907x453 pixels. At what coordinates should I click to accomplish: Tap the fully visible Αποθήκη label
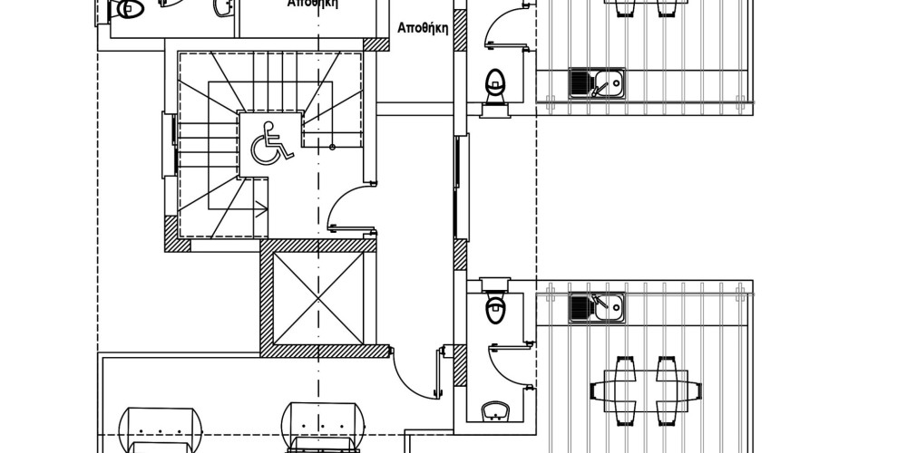(424, 27)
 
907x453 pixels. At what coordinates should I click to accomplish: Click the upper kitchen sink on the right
(596, 84)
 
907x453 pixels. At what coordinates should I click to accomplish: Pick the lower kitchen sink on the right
(596, 308)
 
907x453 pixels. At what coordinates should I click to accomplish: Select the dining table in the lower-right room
(645, 390)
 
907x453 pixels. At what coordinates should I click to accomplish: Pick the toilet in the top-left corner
(127, 9)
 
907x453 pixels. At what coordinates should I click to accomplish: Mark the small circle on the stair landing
(333, 146)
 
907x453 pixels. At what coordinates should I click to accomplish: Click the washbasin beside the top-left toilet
(221, 7)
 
